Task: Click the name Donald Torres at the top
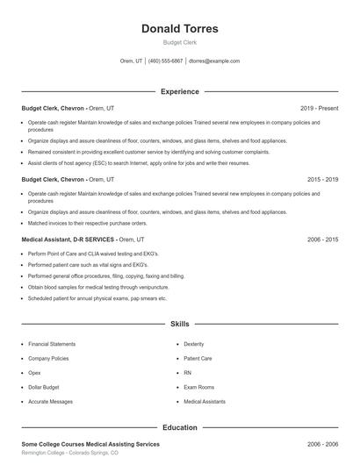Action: [x=179, y=29]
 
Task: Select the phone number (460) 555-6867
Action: [x=166, y=61]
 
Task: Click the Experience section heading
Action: [x=179, y=91]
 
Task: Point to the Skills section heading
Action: [x=179, y=324]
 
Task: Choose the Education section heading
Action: [x=179, y=427]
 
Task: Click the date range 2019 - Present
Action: [x=318, y=108]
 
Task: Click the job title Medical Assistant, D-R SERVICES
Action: [x=68, y=239]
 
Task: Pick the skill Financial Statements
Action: [x=52, y=345]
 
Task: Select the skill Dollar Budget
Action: [x=45, y=387]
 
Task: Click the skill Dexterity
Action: [x=193, y=345]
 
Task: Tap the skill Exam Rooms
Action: [x=198, y=387]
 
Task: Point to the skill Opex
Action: [x=35, y=373]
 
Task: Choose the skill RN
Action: [x=187, y=373]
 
